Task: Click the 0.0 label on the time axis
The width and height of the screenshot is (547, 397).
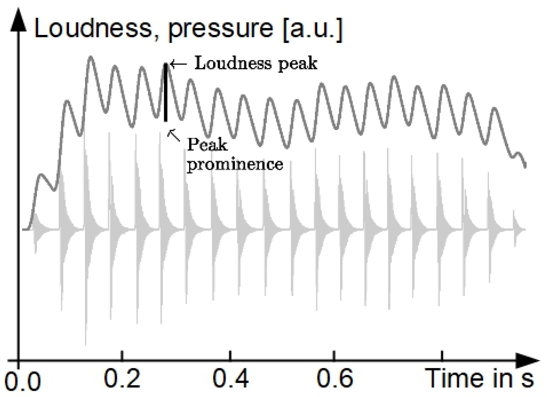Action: click(x=23, y=382)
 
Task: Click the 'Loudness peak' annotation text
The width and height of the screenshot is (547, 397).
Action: click(x=256, y=63)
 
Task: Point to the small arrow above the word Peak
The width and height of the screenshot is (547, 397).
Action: click(x=174, y=135)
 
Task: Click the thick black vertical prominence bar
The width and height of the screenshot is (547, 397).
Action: click(x=166, y=93)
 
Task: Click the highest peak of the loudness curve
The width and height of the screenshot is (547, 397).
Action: click(x=91, y=57)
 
